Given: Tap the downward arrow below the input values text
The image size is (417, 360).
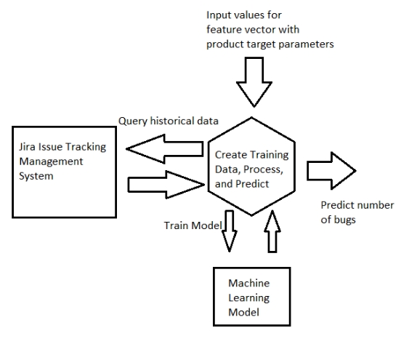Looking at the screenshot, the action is pyautogui.click(x=254, y=82).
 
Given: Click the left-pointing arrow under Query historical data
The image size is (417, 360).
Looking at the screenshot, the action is pyautogui.click(x=165, y=149).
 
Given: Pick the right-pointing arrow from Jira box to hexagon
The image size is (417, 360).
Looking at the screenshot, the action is pyautogui.click(x=166, y=185).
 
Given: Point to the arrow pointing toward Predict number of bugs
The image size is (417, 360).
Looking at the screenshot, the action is pyautogui.click(x=331, y=171).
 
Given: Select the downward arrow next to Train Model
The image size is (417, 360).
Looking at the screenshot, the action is pyautogui.click(x=230, y=231).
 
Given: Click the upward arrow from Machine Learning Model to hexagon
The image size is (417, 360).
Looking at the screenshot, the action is pyautogui.click(x=272, y=231).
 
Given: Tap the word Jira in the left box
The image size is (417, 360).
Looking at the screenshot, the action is pyautogui.click(x=27, y=147).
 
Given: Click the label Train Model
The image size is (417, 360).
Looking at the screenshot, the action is pyautogui.click(x=193, y=225).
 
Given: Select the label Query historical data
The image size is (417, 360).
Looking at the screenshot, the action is pyautogui.click(x=169, y=121).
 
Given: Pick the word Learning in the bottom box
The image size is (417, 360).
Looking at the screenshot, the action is pyautogui.click(x=249, y=298).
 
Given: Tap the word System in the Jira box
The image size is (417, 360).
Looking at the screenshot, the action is pyautogui.click(x=36, y=176).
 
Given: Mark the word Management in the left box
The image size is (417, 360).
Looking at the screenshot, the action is pyautogui.click(x=51, y=161).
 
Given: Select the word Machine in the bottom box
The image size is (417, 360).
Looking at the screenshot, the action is pyautogui.click(x=249, y=283).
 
